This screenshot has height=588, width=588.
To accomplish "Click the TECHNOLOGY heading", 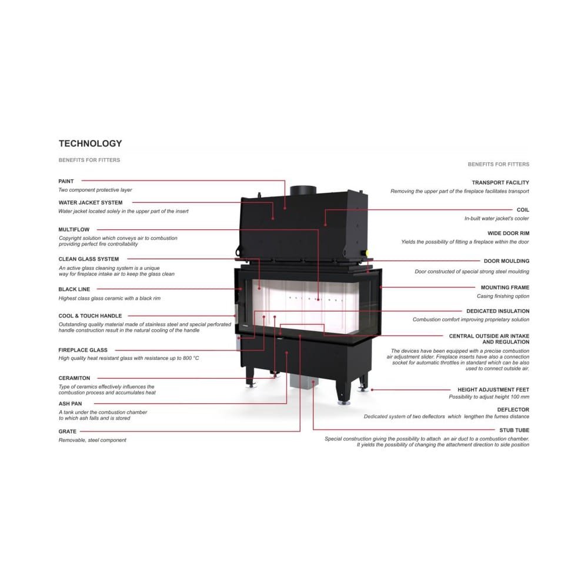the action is click(91, 143).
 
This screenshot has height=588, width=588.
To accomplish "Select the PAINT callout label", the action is click(66, 181).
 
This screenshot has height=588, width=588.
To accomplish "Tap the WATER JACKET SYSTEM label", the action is click(91, 202).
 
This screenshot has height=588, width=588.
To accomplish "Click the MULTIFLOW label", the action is click(74, 229).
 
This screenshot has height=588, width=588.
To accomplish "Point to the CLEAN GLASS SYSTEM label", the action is click(89, 259).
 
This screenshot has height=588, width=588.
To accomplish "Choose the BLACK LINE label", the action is click(74, 289).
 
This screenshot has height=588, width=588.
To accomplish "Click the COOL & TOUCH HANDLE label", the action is click(90, 316).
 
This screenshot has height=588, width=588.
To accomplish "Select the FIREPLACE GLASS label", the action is click(83, 350).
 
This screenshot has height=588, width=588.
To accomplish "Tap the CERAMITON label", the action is click(74, 378).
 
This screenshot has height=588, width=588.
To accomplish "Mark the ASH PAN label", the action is click(70, 403).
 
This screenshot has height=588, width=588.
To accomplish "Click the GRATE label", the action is click(68, 431).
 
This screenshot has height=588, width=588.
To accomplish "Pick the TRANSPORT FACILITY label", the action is click(500, 183).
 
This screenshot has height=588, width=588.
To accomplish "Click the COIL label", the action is click(523, 210).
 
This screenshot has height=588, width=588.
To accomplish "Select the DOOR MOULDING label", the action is click(506, 261).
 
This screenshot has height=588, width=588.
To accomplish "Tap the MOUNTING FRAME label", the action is click(505, 288).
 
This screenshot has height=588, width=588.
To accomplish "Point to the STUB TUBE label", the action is click(514, 430).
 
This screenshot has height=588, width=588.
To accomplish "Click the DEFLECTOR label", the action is click(513, 409).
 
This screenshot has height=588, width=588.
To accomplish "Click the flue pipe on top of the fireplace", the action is click(303, 190).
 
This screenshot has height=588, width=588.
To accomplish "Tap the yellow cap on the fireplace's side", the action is click(367, 253).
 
